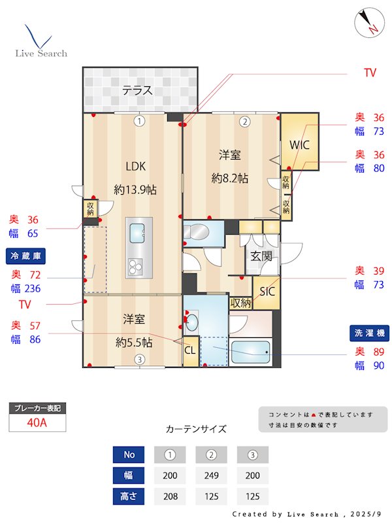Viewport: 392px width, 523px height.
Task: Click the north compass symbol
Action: pos(367,23)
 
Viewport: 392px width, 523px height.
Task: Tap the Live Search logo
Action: pos(41,42)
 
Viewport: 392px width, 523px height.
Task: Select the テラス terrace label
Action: pos(138,90)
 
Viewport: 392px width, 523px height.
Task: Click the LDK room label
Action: pos(135,165)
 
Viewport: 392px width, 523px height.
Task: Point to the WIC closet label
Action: pos(299,144)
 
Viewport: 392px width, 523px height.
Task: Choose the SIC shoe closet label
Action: pos(267,292)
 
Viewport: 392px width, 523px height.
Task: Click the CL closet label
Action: pos(190,350)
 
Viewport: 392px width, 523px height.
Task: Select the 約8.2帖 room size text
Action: pos(230,178)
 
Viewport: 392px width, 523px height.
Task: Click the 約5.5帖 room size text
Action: pos(135,342)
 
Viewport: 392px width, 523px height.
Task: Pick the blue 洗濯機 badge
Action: pos(368,333)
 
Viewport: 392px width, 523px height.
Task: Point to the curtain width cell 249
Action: pos(211,476)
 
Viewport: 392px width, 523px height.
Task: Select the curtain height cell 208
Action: pos(169,497)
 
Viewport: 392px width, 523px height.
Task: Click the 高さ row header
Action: pos(128,497)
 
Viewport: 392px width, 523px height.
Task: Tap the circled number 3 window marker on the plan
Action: pos(139,360)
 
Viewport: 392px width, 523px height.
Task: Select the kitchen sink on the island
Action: pos(138,233)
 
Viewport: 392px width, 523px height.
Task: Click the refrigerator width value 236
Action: pos(33,288)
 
